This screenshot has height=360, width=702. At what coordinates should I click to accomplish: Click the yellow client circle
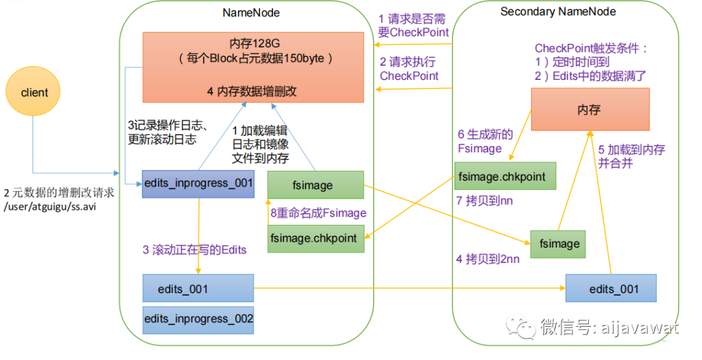pyautogui.click(x=34, y=92)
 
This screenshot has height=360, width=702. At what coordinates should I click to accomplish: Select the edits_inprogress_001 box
pyautogui.click(x=198, y=183)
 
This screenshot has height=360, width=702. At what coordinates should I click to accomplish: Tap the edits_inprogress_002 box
pyautogui.click(x=198, y=319)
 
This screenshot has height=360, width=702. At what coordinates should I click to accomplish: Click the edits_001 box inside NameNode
pyautogui.click(x=198, y=289)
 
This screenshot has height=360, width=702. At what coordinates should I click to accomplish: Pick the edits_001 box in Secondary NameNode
pyautogui.click(x=611, y=289)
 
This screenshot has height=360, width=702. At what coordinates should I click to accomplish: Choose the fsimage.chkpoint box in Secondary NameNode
pyautogui.click(x=505, y=176)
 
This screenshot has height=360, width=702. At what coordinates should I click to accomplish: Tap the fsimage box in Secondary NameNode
pyautogui.click(x=559, y=244)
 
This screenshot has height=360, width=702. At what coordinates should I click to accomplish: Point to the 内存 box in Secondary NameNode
pyautogui.click(x=590, y=110)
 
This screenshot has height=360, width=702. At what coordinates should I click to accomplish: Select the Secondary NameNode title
pyautogui.click(x=558, y=12)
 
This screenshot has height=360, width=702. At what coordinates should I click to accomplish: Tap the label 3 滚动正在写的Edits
pyautogui.click(x=195, y=250)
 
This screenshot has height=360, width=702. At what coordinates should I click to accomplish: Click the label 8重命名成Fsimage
pyautogui.click(x=318, y=213)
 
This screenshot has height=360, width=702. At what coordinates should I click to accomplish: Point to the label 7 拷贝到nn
pyautogui.click(x=485, y=201)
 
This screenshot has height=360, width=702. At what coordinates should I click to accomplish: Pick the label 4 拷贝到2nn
pyautogui.click(x=487, y=259)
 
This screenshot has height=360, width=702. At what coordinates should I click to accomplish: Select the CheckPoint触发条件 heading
pyautogui.click(x=591, y=48)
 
